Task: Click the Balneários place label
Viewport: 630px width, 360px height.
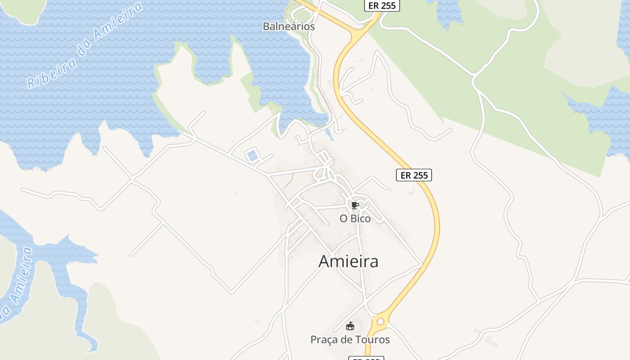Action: (x=288, y=27)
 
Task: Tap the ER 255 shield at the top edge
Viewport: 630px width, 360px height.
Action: (x=382, y=5)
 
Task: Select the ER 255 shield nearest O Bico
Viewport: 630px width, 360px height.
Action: (x=414, y=175)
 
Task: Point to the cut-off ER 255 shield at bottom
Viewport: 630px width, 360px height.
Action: (x=366, y=358)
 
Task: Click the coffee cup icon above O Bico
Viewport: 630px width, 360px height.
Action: (x=355, y=206)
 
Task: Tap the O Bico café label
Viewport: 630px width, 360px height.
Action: (x=355, y=219)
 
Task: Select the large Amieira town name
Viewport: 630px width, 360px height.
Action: (x=348, y=261)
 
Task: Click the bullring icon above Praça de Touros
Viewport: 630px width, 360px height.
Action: (x=350, y=326)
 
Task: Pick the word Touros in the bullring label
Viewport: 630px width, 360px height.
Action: (x=372, y=340)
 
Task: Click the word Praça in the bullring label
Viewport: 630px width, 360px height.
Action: (x=323, y=340)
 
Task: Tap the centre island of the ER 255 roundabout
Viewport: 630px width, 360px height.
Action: (x=381, y=321)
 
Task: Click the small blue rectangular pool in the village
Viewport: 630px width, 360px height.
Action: (x=252, y=156)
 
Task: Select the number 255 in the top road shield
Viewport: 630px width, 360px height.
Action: (x=388, y=5)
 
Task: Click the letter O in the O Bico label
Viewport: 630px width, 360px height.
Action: (x=343, y=219)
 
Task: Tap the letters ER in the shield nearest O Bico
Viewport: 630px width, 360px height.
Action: (x=405, y=175)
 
